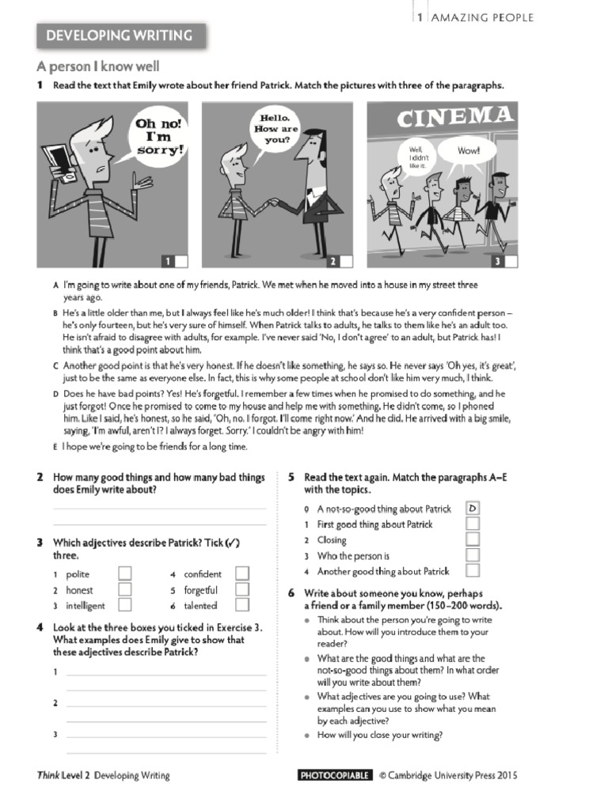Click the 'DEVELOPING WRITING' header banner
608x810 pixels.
[x=120, y=36]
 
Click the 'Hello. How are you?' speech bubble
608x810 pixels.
[x=271, y=128]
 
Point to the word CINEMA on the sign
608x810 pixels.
[x=454, y=119]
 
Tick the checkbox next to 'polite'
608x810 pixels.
[x=124, y=573]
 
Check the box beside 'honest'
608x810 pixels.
[x=124, y=589]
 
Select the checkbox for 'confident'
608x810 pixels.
[x=242, y=573]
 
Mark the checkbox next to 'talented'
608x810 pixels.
[x=242, y=605]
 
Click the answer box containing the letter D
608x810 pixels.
[x=473, y=509]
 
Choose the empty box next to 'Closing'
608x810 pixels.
[x=473, y=539]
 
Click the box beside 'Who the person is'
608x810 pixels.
[x=473, y=555]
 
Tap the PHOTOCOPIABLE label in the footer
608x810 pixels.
[x=334, y=775]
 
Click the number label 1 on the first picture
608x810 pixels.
[x=168, y=261]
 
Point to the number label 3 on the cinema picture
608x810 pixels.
[x=497, y=261]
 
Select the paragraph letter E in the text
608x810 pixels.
[x=55, y=447]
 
